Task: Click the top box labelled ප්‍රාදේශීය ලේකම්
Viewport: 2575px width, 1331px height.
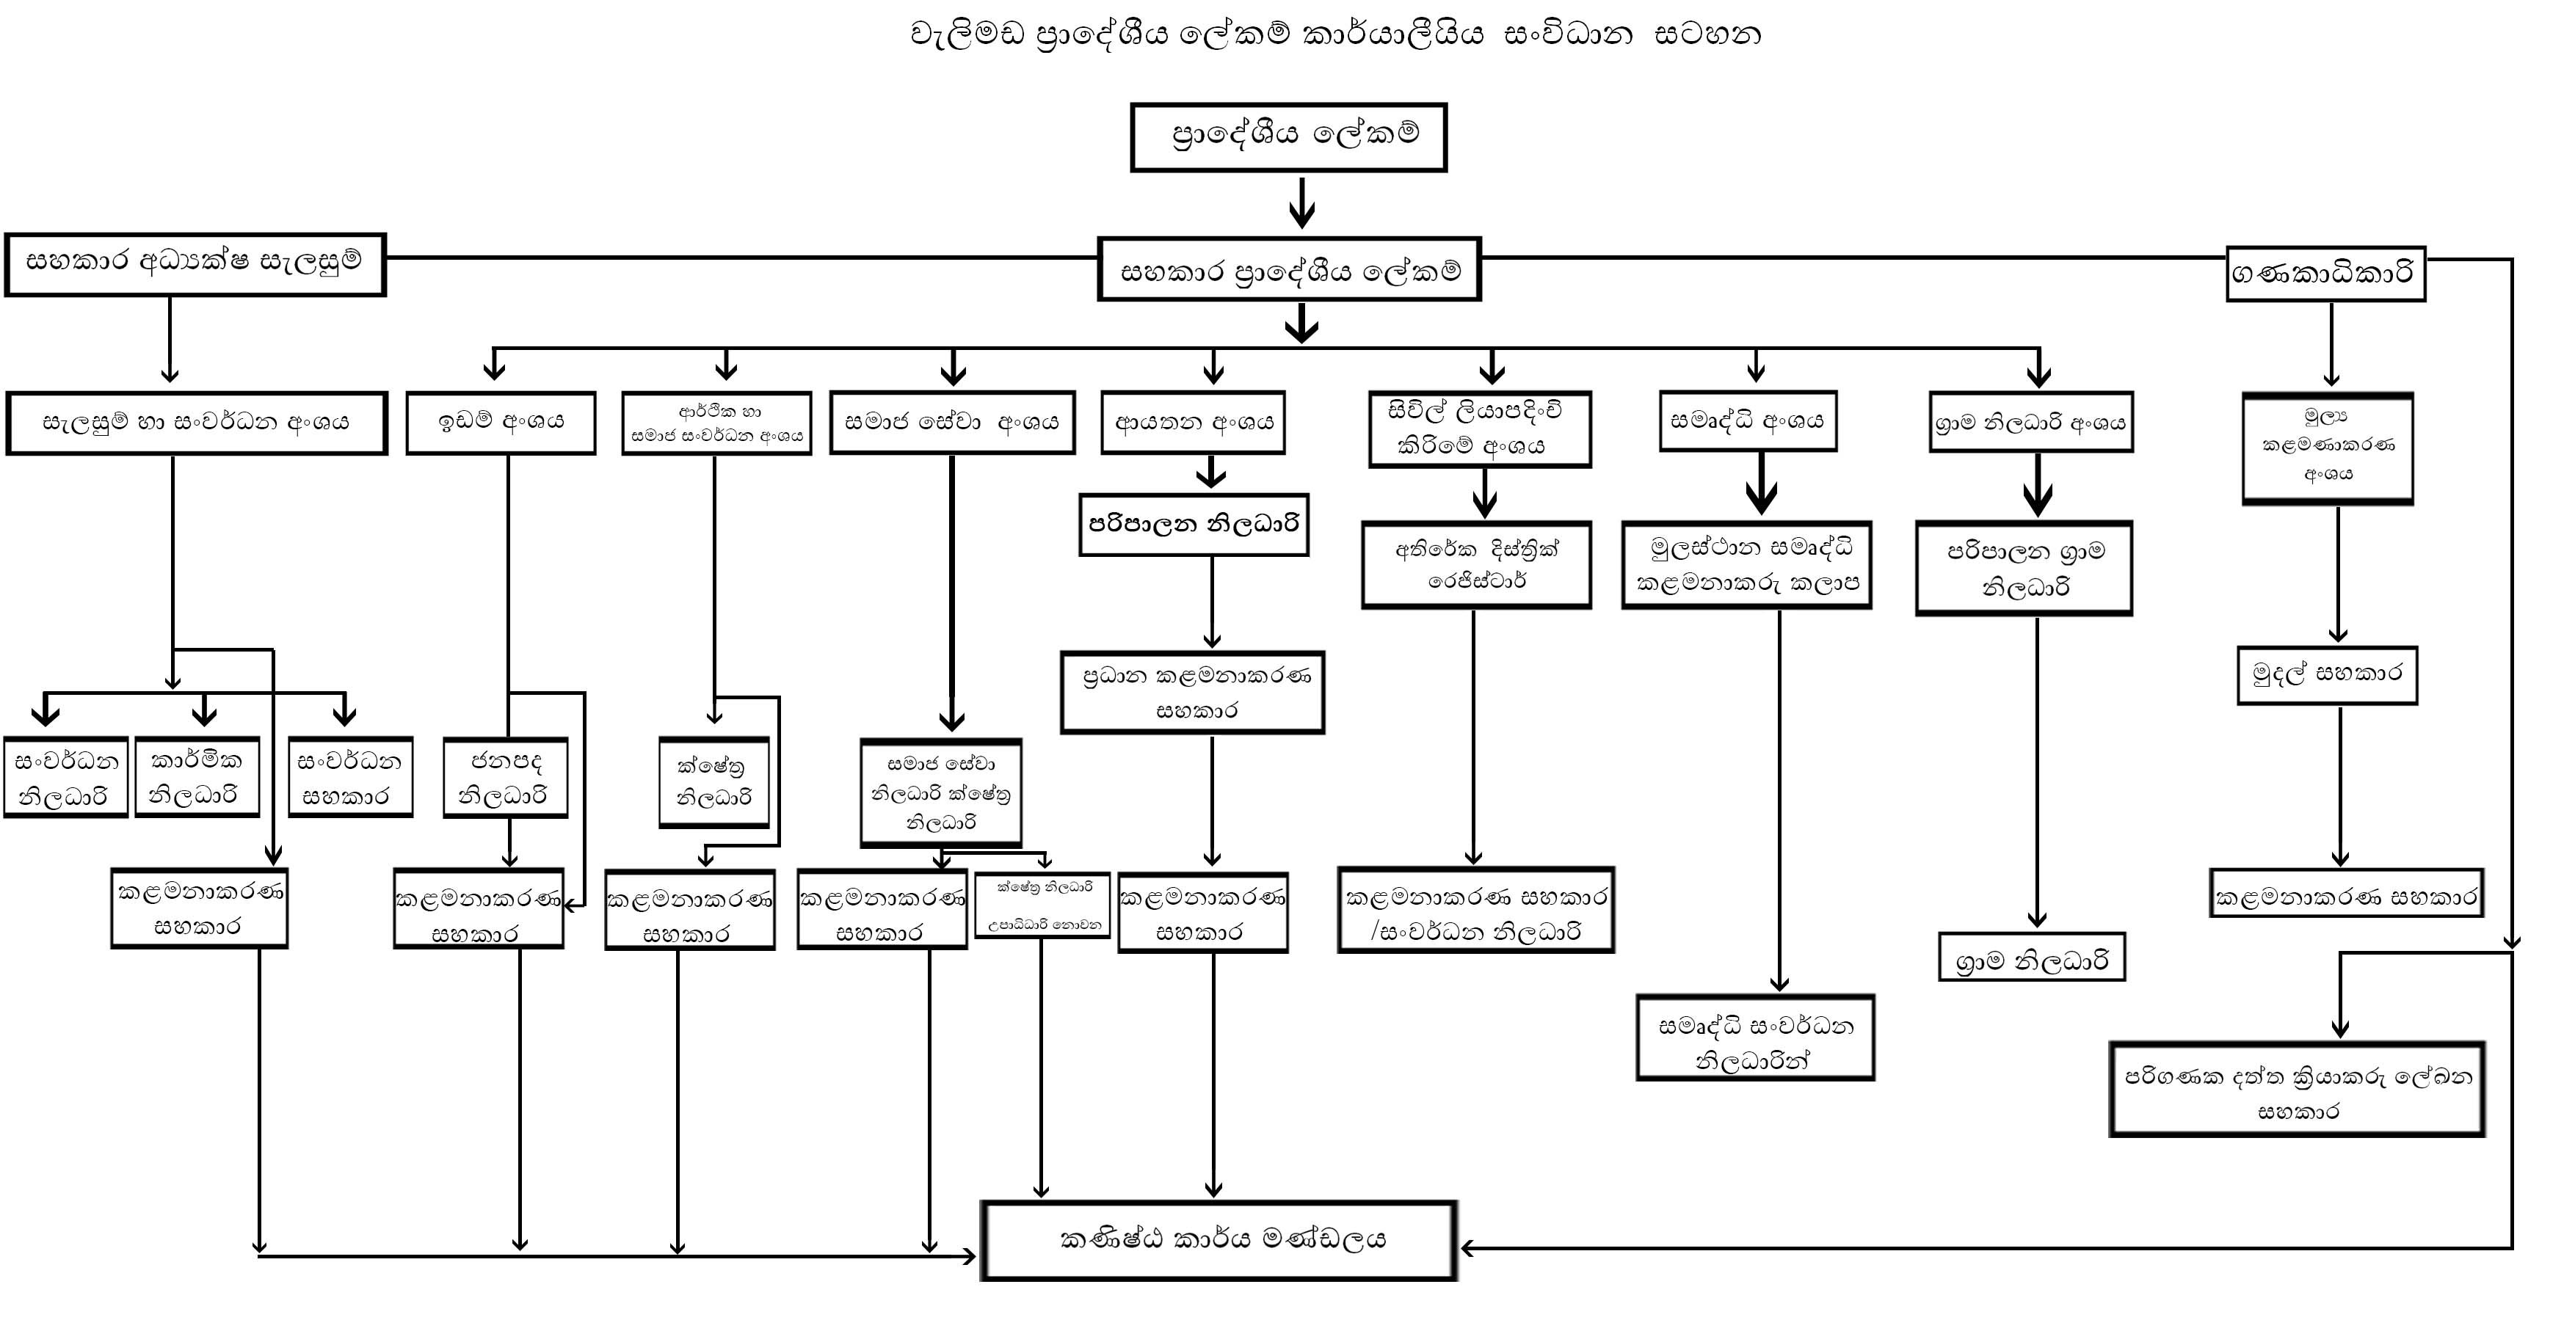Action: tap(1288, 137)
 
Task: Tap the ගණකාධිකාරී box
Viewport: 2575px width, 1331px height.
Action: tap(2326, 273)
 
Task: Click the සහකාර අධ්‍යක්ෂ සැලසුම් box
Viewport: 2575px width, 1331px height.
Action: tap(195, 265)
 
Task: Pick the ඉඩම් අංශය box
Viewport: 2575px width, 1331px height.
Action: tap(501, 423)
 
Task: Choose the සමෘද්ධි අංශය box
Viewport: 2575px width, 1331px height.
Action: tap(1748, 420)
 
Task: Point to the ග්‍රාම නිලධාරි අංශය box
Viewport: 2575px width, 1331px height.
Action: tap(2031, 423)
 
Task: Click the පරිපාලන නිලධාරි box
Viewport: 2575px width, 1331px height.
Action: tap(1194, 525)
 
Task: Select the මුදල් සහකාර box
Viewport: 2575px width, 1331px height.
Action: tap(2327, 676)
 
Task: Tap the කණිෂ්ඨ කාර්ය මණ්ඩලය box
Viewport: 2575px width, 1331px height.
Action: tap(1219, 1240)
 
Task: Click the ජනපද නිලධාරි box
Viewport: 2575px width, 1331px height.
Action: tap(506, 778)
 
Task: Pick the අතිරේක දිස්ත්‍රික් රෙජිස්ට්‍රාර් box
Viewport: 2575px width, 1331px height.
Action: tap(1476, 564)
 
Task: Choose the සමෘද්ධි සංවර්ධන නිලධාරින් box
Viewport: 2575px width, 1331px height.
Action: tap(1755, 1038)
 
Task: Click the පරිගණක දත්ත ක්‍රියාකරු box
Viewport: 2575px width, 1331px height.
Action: tap(2297, 1090)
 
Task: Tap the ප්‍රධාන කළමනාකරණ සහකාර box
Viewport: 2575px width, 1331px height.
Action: tap(1193, 693)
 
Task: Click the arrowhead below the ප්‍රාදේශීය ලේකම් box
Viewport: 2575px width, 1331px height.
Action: tap(1301, 213)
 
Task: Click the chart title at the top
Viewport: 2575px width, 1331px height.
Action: tap(1335, 35)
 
